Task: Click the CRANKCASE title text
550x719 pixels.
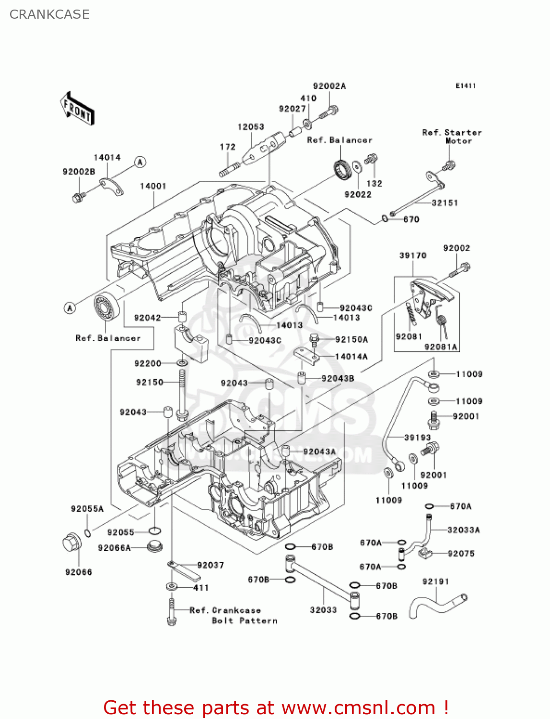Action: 49,14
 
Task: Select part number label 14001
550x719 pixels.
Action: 153,186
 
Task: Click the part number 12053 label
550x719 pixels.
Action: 251,127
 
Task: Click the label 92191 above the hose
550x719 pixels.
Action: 435,581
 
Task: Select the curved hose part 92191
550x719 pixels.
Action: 436,605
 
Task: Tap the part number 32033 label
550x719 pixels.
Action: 323,610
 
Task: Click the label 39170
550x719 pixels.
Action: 413,255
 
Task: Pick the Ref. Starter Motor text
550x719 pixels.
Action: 452,136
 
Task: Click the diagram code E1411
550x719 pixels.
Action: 465,86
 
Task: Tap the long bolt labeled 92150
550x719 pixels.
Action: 182,391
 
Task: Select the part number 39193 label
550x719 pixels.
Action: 417,437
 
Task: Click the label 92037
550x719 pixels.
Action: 211,565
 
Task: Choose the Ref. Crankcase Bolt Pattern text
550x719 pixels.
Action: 233,615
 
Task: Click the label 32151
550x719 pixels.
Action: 445,203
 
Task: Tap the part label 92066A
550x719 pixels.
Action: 114,548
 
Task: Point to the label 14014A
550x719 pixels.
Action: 351,357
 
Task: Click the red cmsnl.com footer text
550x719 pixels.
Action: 276,707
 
